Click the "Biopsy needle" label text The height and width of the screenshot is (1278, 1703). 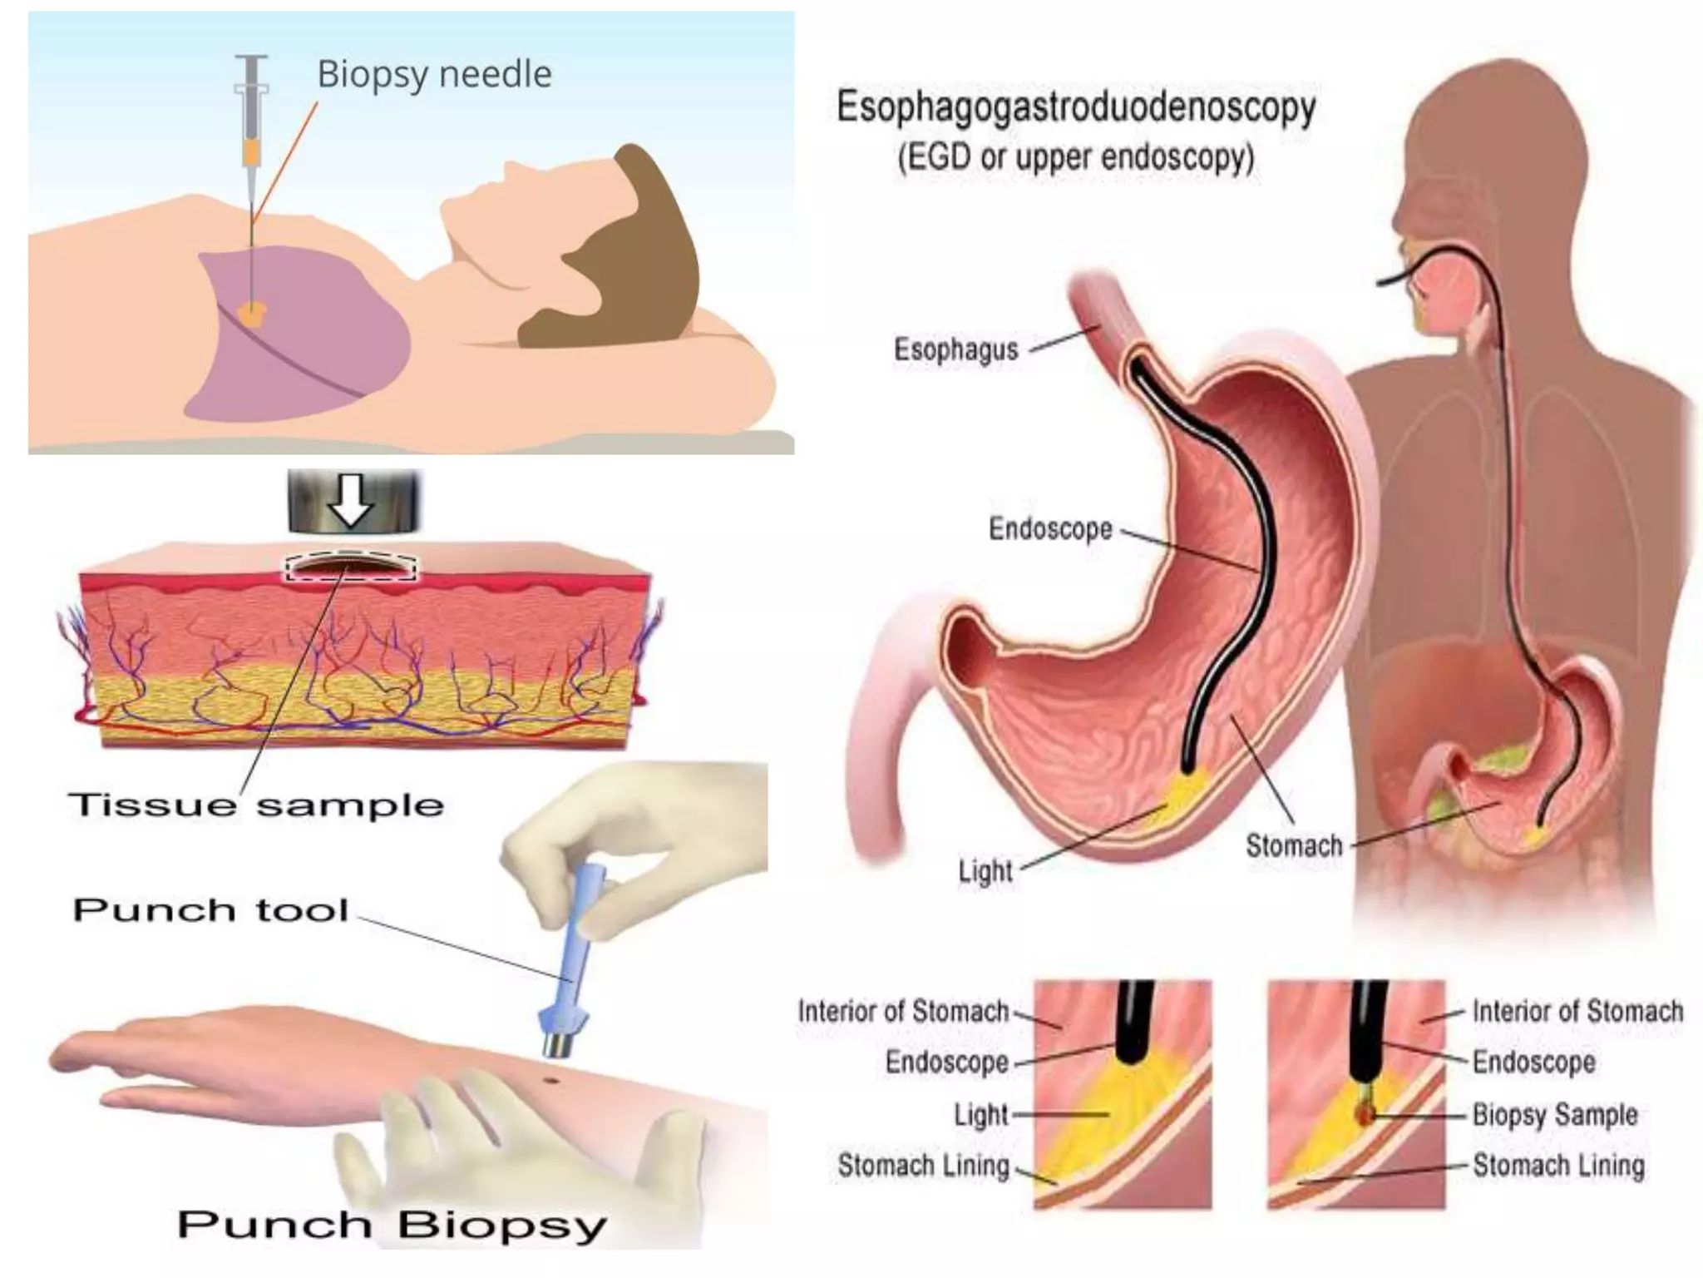pyautogui.click(x=434, y=74)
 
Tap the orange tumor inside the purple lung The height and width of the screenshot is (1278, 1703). pyautogui.click(x=251, y=312)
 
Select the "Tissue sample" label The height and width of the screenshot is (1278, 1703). pyautogui.click(x=256, y=805)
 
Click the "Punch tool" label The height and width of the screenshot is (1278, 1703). pyautogui.click(x=210, y=909)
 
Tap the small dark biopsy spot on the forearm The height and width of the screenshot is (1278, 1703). pyautogui.click(x=550, y=1081)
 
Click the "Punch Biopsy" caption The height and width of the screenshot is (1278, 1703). pyautogui.click(x=392, y=1224)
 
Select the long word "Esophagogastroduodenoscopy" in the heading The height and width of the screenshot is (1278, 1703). pyautogui.click(x=1076, y=107)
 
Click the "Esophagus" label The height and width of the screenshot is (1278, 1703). pyautogui.click(x=955, y=349)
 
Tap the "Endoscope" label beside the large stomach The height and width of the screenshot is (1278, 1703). pyautogui.click(x=1050, y=528)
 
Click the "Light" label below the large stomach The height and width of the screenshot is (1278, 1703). pyautogui.click(x=985, y=871)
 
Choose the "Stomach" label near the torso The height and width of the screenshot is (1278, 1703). pyautogui.click(x=1294, y=845)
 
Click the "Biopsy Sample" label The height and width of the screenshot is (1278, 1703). pyautogui.click(x=1555, y=1114)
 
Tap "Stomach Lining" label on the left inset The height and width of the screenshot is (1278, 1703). pyautogui.click(x=923, y=1166)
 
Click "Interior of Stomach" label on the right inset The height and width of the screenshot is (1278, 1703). pyautogui.click(x=1577, y=1011)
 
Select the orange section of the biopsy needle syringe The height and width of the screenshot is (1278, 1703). pyautogui.click(x=251, y=152)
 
